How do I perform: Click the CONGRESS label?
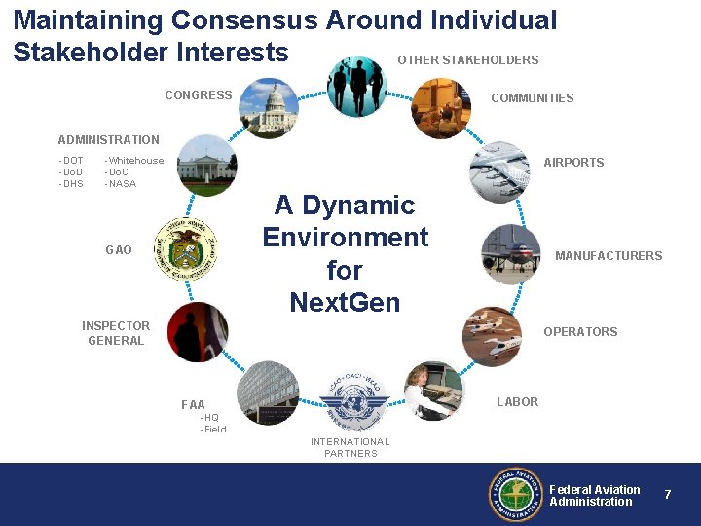(199, 95)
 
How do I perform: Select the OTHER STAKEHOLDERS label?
(467, 60)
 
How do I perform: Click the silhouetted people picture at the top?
(356, 86)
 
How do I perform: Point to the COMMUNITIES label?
(532, 98)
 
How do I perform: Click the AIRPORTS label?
(573, 163)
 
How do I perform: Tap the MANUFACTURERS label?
(608, 256)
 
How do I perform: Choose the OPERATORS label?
(580, 332)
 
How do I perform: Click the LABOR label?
(517, 402)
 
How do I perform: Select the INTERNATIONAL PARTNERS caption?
(350, 448)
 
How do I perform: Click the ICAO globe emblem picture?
(353, 400)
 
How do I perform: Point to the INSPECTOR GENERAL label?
(116, 333)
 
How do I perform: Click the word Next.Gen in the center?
(345, 302)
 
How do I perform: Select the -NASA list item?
(121, 184)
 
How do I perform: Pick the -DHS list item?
(71, 184)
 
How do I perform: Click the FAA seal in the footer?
(515, 495)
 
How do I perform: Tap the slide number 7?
(668, 495)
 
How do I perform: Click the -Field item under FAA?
(212, 430)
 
